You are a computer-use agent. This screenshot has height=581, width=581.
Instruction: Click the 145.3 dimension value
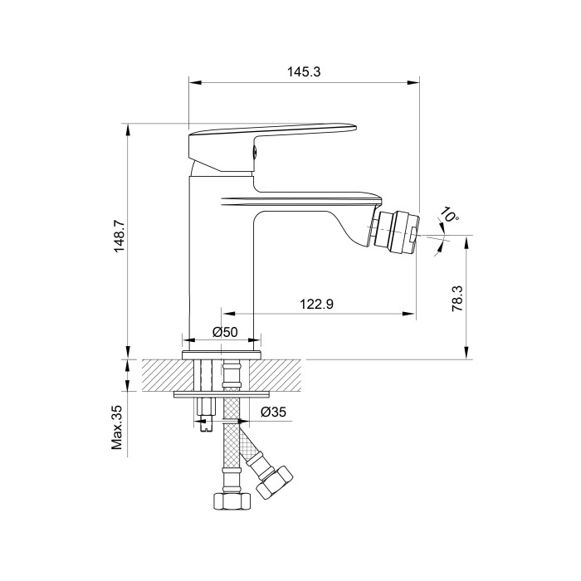304,71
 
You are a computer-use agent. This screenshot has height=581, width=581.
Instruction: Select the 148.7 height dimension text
120,237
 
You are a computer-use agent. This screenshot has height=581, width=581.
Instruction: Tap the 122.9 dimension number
316,304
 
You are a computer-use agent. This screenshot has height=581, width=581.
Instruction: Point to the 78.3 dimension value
457,298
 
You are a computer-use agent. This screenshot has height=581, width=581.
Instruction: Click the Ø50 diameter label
225,332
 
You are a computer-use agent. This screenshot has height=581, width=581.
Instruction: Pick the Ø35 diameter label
273,412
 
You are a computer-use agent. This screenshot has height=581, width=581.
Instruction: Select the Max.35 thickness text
117,428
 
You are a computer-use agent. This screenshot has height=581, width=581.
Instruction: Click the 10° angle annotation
449,214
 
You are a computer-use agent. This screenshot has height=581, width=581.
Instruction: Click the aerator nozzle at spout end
394,232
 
